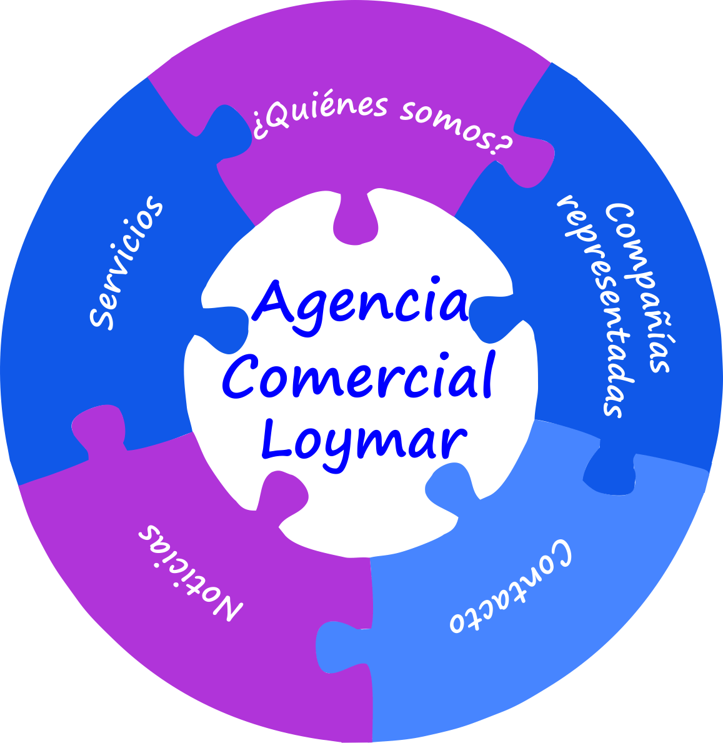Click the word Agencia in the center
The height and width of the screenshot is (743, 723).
[x=361, y=303]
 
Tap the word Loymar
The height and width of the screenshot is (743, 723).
[x=365, y=440]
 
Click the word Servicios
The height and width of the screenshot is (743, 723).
[x=127, y=262]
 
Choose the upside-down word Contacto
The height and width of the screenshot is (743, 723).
[x=510, y=587]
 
